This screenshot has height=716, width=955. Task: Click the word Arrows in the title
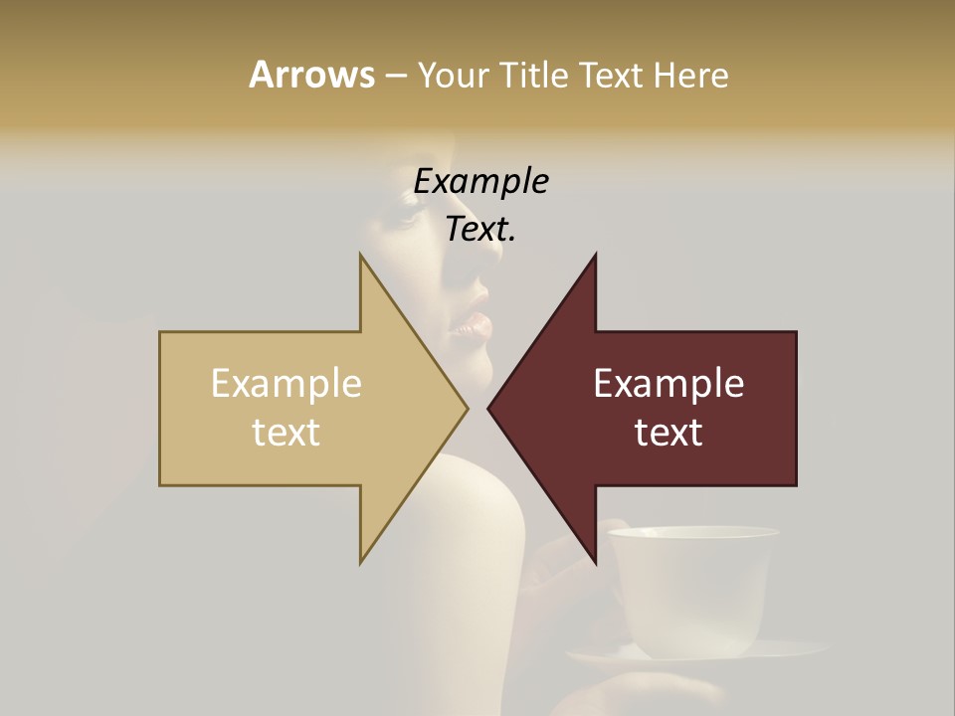[x=311, y=75]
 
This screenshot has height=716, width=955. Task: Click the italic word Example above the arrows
[x=480, y=181]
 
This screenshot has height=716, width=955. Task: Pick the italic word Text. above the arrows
[x=480, y=229]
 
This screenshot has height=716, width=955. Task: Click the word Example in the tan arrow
[x=286, y=384]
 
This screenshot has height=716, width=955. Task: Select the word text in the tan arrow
[x=286, y=432]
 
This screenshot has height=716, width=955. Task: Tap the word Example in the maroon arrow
[x=668, y=384]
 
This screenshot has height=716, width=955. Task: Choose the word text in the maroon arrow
[x=668, y=432]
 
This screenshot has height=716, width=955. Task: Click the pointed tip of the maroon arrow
[x=489, y=408]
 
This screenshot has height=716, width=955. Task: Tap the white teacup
[x=693, y=587]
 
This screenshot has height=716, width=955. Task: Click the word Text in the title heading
[x=613, y=75]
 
